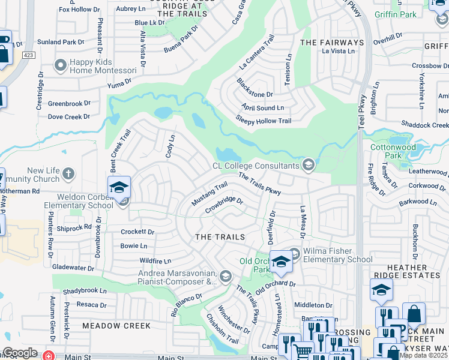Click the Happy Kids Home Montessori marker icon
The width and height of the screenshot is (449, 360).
(x=60, y=65)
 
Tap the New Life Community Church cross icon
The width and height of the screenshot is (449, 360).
(x=68, y=175)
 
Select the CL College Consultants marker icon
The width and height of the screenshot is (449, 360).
(x=309, y=165)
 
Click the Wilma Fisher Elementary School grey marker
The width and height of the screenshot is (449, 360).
(x=294, y=253)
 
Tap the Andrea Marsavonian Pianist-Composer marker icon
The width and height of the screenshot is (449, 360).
(x=225, y=275)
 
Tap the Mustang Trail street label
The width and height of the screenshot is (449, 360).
(x=209, y=194)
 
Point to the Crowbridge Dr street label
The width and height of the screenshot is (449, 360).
(x=223, y=205)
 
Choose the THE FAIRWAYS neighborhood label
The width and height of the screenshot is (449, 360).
(x=331, y=43)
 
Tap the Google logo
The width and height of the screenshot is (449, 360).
(x=20, y=353)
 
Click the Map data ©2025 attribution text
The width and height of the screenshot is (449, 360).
(x=424, y=355)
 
